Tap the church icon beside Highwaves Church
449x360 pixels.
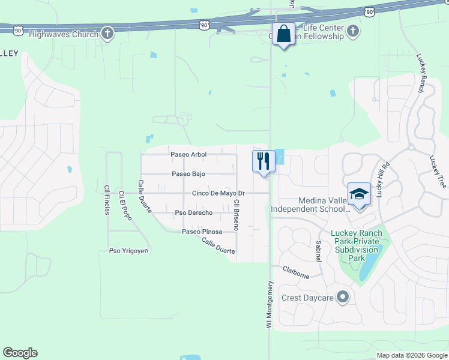[x=107, y=34]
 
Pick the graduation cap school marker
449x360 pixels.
[x=359, y=194]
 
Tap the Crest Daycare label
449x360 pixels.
[x=307, y=298]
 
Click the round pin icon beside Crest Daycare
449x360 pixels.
[x=343, y=297]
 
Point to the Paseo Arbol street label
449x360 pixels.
[x=188, y=154]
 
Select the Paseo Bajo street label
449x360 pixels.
[x=188, y=174]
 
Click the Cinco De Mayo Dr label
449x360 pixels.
[x=218, y=193]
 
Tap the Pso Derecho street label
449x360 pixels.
[x=193, y=213]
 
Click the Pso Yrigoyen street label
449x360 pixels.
[x=127, y=251]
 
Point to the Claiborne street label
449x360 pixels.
[x=297, y=274]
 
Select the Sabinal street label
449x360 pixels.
[x=318, y=250]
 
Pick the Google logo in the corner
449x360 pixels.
[x=20, y=353]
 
